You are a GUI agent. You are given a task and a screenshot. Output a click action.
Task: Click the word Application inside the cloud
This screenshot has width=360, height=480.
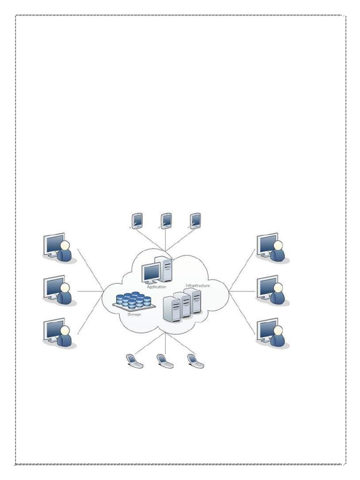pos(157,287)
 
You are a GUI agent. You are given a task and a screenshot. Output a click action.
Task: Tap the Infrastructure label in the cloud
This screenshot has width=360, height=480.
pos(197,285)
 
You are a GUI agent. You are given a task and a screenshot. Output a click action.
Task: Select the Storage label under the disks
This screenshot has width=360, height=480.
pos(135,315)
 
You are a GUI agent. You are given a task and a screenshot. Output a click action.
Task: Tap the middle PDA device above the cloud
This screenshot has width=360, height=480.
pos(166,220)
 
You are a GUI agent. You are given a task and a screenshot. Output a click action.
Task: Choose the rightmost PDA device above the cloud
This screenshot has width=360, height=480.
pos(195,220)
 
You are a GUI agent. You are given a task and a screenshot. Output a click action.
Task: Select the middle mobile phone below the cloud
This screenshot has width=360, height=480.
pos(164,360)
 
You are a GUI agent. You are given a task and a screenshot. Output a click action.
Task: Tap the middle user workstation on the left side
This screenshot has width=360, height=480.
pos(57,291)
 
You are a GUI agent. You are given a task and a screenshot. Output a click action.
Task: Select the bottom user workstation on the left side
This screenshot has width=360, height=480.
pos(57,333)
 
